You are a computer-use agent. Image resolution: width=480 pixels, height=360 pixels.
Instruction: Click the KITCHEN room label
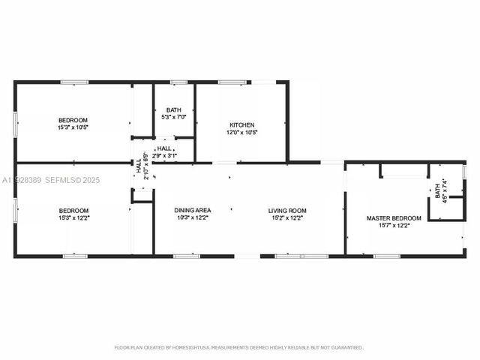[241, 125]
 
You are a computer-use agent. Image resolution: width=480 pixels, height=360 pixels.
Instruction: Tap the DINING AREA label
[193, 211]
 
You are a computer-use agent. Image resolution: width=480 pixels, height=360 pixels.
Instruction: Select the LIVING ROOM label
[287, 211]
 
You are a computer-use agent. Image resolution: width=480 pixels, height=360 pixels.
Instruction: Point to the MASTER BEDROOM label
[394, 218]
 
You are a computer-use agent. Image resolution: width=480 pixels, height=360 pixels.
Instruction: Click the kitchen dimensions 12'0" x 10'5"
[241, 133]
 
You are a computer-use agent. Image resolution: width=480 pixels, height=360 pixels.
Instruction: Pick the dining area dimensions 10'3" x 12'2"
[193, 218]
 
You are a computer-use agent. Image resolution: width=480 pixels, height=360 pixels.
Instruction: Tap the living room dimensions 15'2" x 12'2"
[287, 218]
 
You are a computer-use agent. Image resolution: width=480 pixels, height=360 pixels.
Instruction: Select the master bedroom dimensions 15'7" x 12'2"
[394, 226]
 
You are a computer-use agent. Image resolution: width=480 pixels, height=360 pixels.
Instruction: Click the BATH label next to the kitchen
[173, 110]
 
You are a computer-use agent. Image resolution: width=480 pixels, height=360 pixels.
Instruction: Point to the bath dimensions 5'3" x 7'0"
[173, 118]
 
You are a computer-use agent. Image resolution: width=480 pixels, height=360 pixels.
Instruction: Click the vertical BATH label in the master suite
[438, 191]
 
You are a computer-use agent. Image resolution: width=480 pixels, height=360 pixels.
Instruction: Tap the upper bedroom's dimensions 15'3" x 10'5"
[73, 127]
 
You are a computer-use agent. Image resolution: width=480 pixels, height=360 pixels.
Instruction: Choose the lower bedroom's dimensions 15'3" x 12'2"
[73, 218]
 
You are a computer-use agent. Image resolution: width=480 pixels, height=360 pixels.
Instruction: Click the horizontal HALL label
[164, 148]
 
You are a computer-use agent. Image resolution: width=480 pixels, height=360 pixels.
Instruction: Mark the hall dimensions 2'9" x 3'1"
[164, 155]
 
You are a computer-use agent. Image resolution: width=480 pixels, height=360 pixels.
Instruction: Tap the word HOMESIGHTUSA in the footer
[193, 348]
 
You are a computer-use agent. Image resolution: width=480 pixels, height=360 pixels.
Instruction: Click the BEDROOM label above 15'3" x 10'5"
[73, 120]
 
